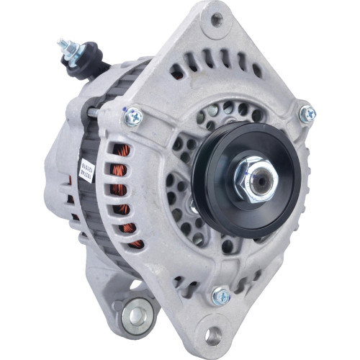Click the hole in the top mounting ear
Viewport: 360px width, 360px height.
[x=216, y=19]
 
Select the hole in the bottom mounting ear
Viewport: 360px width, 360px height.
[x=213, y=335]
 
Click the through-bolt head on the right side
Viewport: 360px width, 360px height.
[x=307, y=113]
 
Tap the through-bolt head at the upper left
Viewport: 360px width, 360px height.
[x=134, y=115]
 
